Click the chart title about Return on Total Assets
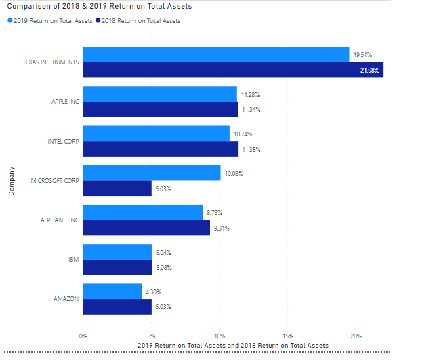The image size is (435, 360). pos(99,7)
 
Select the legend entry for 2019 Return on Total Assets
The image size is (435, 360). pos(52,21)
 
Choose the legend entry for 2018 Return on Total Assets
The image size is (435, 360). pos(142,21)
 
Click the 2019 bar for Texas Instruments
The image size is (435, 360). pos(216,54)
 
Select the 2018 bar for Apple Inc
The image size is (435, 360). pos(160,109)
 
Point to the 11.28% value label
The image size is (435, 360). pos(250,94)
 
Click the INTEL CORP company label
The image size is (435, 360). pos(63,142)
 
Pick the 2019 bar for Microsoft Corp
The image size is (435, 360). pos(152,173)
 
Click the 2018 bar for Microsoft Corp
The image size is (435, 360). pos(117,188)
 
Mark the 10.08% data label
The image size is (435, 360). pos(234,173)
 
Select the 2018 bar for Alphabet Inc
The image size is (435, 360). pos(146,228)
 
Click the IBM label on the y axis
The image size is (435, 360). pos(74,260)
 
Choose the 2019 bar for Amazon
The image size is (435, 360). pos(112,292)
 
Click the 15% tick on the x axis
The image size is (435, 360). pos(288,336)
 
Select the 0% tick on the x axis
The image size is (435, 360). pos(83,336)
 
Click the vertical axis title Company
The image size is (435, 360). pos(12,181)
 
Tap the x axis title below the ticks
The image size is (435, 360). pos(232,346)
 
